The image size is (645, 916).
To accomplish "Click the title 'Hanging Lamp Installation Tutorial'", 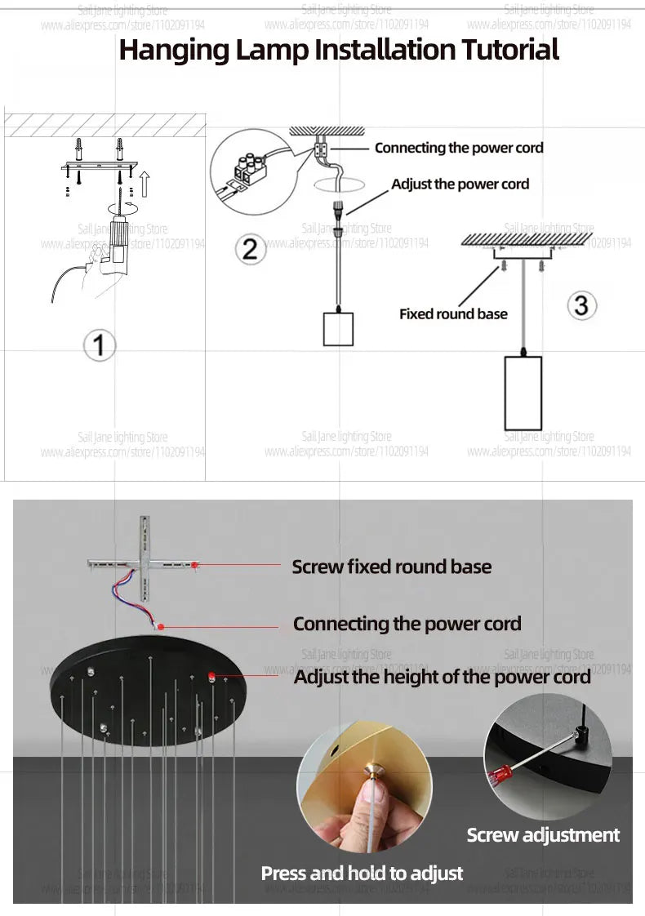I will [x=339, y=50].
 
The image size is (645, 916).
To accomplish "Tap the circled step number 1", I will [x=100, y=345].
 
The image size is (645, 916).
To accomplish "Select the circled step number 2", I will [x=249, y=247].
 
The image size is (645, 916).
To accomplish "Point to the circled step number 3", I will [x=580, y=305].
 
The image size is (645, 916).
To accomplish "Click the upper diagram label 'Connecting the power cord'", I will [x=458, y=148].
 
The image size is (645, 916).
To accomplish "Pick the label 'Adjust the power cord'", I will [x=460, y=184].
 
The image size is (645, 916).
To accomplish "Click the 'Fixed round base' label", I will [x=453, y=313].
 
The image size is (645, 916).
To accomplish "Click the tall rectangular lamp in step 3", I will [x=521, y=393].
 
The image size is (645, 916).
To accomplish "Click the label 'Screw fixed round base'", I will [x=391, y=567].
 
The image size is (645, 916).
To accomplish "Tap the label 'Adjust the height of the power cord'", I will [x=442, y=677].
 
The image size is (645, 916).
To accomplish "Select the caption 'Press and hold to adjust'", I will [x=362, y=874].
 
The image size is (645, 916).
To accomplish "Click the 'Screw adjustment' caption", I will [x=543, y=835].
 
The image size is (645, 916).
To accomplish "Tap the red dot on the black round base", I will [x=211, y=675].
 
